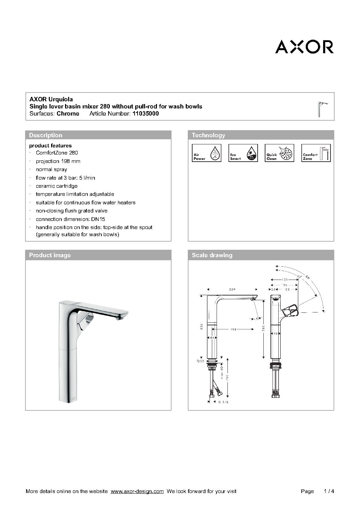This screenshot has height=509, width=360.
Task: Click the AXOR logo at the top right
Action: pos(304,47)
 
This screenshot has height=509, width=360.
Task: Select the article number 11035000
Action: pos(145,114)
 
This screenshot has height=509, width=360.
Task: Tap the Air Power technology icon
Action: pos(207,153)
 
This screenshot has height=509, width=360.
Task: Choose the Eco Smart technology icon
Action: pos(243,153)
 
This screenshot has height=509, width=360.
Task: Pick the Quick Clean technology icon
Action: pos(280,153)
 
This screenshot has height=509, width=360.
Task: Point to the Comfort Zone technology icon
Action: pos(316,153)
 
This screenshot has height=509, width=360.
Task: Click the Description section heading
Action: pos(46,135)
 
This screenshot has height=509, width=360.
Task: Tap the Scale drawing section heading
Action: pos(212,255)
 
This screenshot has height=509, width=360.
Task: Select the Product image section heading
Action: pos(50,255)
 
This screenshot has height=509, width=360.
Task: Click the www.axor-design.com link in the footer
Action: pos(137,491)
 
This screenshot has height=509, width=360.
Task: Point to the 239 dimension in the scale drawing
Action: pos(232,289)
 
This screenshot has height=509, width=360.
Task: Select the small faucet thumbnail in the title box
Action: pos(322,109)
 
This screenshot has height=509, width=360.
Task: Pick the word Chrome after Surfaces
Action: pos(68,114)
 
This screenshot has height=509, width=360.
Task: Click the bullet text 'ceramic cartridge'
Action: pos(57,186)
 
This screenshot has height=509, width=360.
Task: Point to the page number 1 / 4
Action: pos(329,491)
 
